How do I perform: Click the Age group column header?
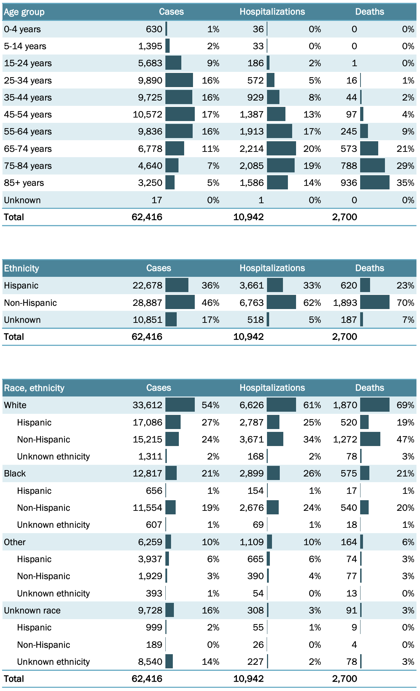(24, 12)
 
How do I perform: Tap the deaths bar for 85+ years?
(375, 183)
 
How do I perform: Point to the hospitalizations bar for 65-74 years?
(281, 149)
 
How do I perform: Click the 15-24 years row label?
(28, 63)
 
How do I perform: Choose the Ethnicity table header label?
(21, 268)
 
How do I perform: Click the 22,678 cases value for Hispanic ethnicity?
(147, 286)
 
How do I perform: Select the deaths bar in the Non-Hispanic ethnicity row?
(375, 303)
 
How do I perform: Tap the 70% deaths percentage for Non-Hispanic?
(405, 303)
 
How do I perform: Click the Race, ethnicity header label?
(34, 388)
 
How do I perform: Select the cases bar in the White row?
(180, 405)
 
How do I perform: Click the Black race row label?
(15, 474)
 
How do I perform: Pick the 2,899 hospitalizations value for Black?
(251, 474)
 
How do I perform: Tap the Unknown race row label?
(32, 611)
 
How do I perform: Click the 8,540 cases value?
(150, 662)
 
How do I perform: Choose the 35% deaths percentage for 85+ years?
(405, 183)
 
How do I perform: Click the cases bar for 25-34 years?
(179, 80)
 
